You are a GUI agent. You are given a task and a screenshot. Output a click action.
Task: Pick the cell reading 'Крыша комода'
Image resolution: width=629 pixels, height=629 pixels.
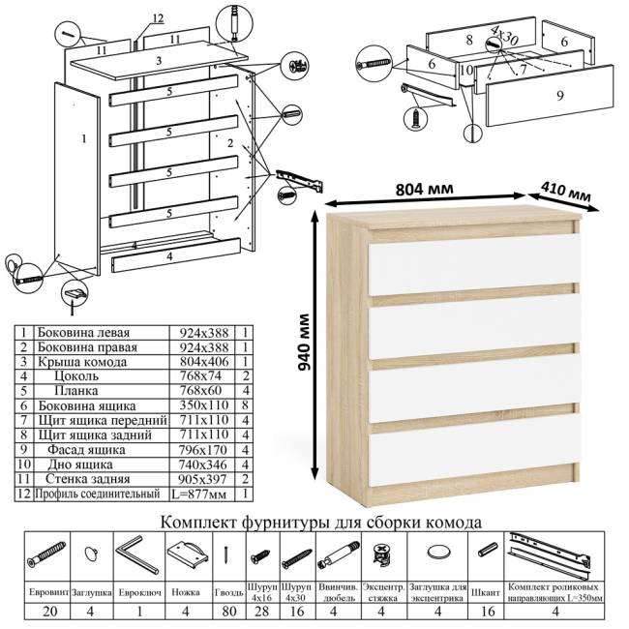click(76, 362)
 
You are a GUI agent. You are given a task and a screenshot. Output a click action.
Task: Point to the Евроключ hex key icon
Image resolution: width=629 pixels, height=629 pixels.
click(135, 555)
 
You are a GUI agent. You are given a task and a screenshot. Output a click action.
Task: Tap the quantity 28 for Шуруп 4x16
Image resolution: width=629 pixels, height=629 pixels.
click(259, 612)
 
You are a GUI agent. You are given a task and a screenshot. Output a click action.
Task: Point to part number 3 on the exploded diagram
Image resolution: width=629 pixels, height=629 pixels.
click(157, 60)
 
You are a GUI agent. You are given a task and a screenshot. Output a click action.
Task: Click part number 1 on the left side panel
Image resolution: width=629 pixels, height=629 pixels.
click(84, 138)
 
